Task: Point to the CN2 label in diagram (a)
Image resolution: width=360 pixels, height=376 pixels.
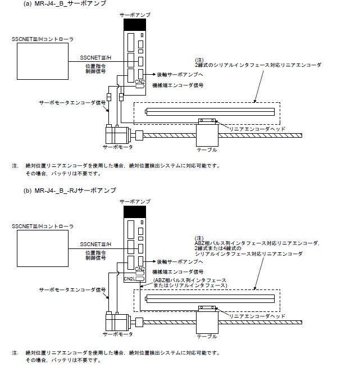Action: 140,82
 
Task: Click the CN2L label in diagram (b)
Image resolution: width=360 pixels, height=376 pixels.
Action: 130,278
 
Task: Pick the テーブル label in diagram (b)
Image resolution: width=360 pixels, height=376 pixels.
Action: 206,336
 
